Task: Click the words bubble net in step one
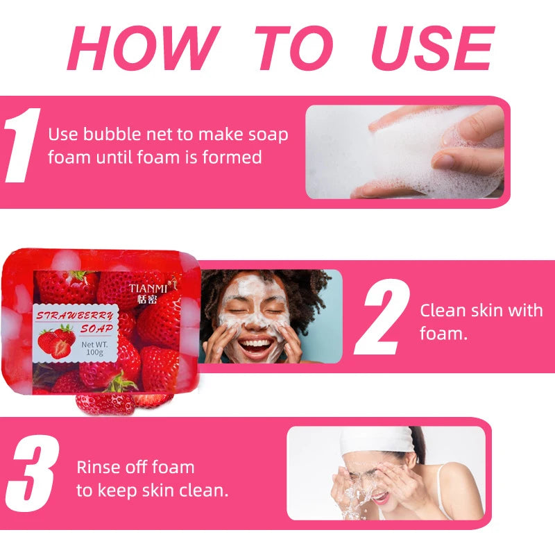pyautogui.click(x=126, y=134)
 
